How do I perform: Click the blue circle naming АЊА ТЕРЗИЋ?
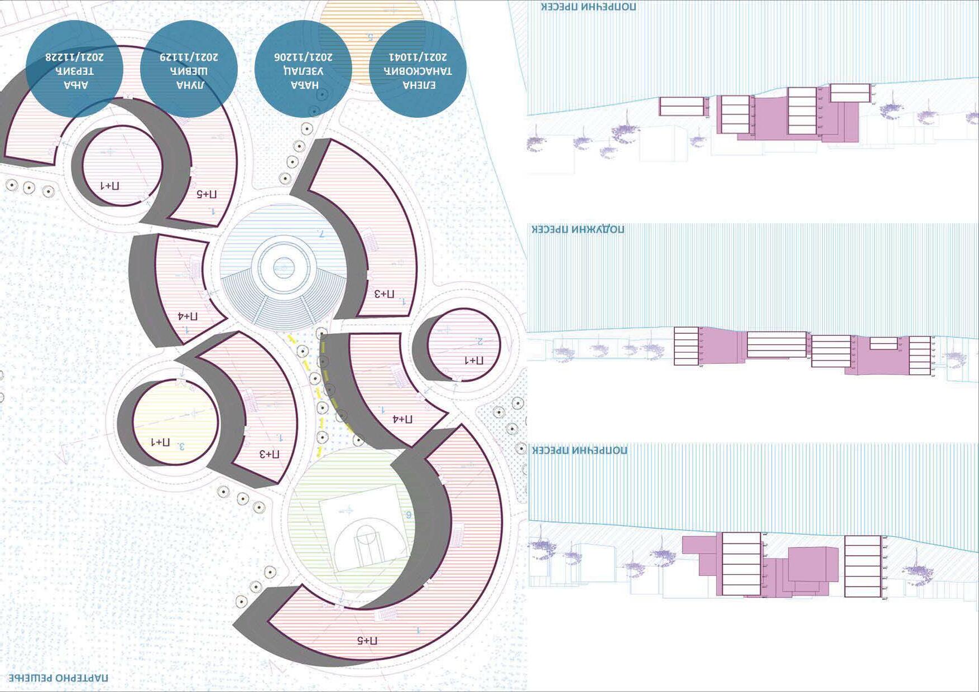pyautogui.click(x=74, y=69)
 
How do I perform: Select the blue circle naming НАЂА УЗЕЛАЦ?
pyautogui.click(x=303, y=69)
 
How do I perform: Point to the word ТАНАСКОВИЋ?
pyautogui.click(x=418, y=71)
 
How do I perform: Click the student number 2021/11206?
pyautogui.click(x=303, y=57)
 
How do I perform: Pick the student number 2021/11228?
pyautogui.click(x=74, y=57)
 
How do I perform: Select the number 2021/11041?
pyautogui.click(x=418, y=57)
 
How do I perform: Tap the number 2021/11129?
pyautogui.click(x=189, y=57)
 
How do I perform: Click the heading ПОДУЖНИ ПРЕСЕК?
pyautogui.click(x=578, y=229)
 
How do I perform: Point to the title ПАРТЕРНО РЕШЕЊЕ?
pyautogui.click(x=59, y=678)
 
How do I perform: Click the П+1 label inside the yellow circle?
pyautogui.click(x=160, y=443)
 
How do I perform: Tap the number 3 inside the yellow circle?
pyautogui.click(x=181, y=446)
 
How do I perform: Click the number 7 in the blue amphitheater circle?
pyautogui.click(x=321, y=233)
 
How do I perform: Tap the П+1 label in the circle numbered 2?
pyautogui.click(x=474, y=361)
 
